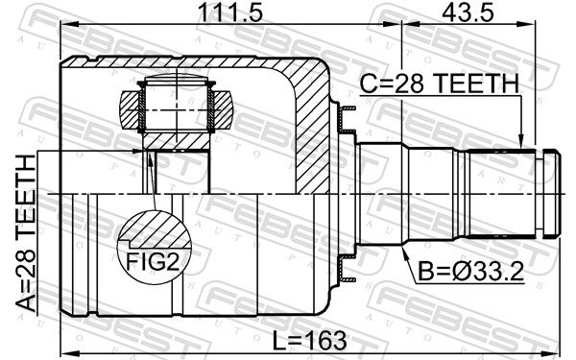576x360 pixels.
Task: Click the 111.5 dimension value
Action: click(230, 12)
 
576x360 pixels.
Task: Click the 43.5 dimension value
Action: click(468, 12)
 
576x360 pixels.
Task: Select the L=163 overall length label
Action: click(309, 340)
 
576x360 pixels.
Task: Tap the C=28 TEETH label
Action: click(440, 84)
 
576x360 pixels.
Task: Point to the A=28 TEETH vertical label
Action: click(26, 233)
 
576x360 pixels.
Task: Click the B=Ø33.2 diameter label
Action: click(471, 273)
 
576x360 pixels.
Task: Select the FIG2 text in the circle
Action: click(153, 261)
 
